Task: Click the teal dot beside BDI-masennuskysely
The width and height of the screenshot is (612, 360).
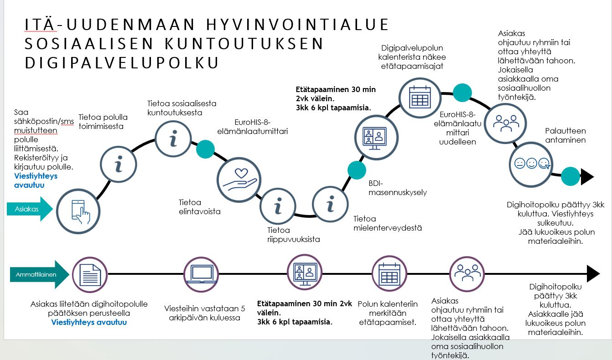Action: point(357,170)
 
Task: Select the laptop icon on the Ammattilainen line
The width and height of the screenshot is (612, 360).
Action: point(201,274)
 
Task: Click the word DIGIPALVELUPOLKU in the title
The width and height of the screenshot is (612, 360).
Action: point(122,63)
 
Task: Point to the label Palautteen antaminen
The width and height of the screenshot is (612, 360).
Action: point(565,136)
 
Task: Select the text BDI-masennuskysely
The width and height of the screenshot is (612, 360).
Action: point(398,188)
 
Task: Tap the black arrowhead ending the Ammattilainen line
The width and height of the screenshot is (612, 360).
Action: point(593,273)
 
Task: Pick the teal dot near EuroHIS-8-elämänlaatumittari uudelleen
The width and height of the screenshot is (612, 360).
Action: point(462,93)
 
